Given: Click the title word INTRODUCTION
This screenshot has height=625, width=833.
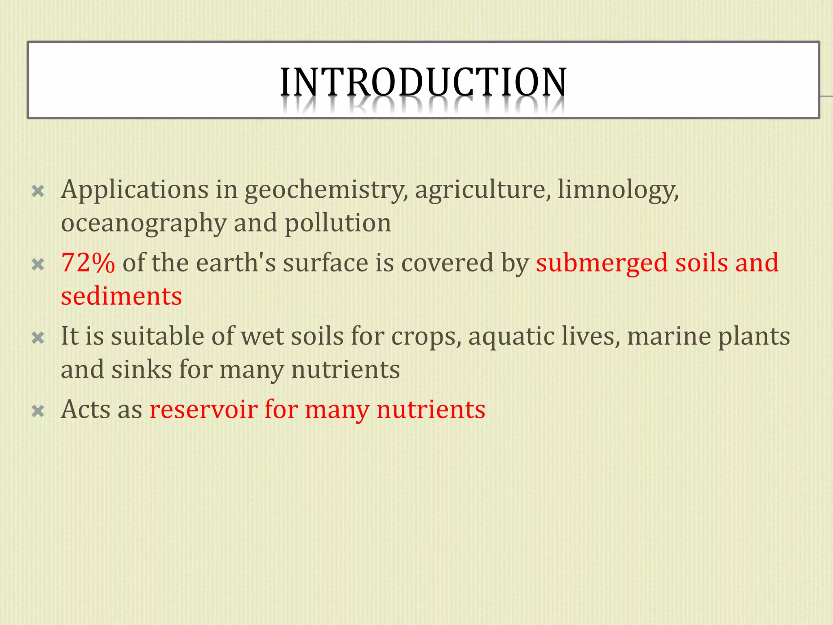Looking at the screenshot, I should [423, 82].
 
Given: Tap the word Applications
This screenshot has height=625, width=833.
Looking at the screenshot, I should [134, 190].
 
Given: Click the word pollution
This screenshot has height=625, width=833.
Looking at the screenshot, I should [338, 224].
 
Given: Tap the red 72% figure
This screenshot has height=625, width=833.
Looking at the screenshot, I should [88, 263].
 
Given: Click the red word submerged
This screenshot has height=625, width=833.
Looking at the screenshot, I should [602, 263].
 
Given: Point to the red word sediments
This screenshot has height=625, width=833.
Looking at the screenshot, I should [121, 296].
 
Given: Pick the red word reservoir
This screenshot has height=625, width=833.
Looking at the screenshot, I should [203, 409].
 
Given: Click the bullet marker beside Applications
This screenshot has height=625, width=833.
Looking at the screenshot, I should [38, 191].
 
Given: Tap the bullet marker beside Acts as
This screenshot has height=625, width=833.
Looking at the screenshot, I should [38, 411].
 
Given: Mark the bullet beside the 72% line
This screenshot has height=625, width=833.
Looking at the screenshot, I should [38, 265].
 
